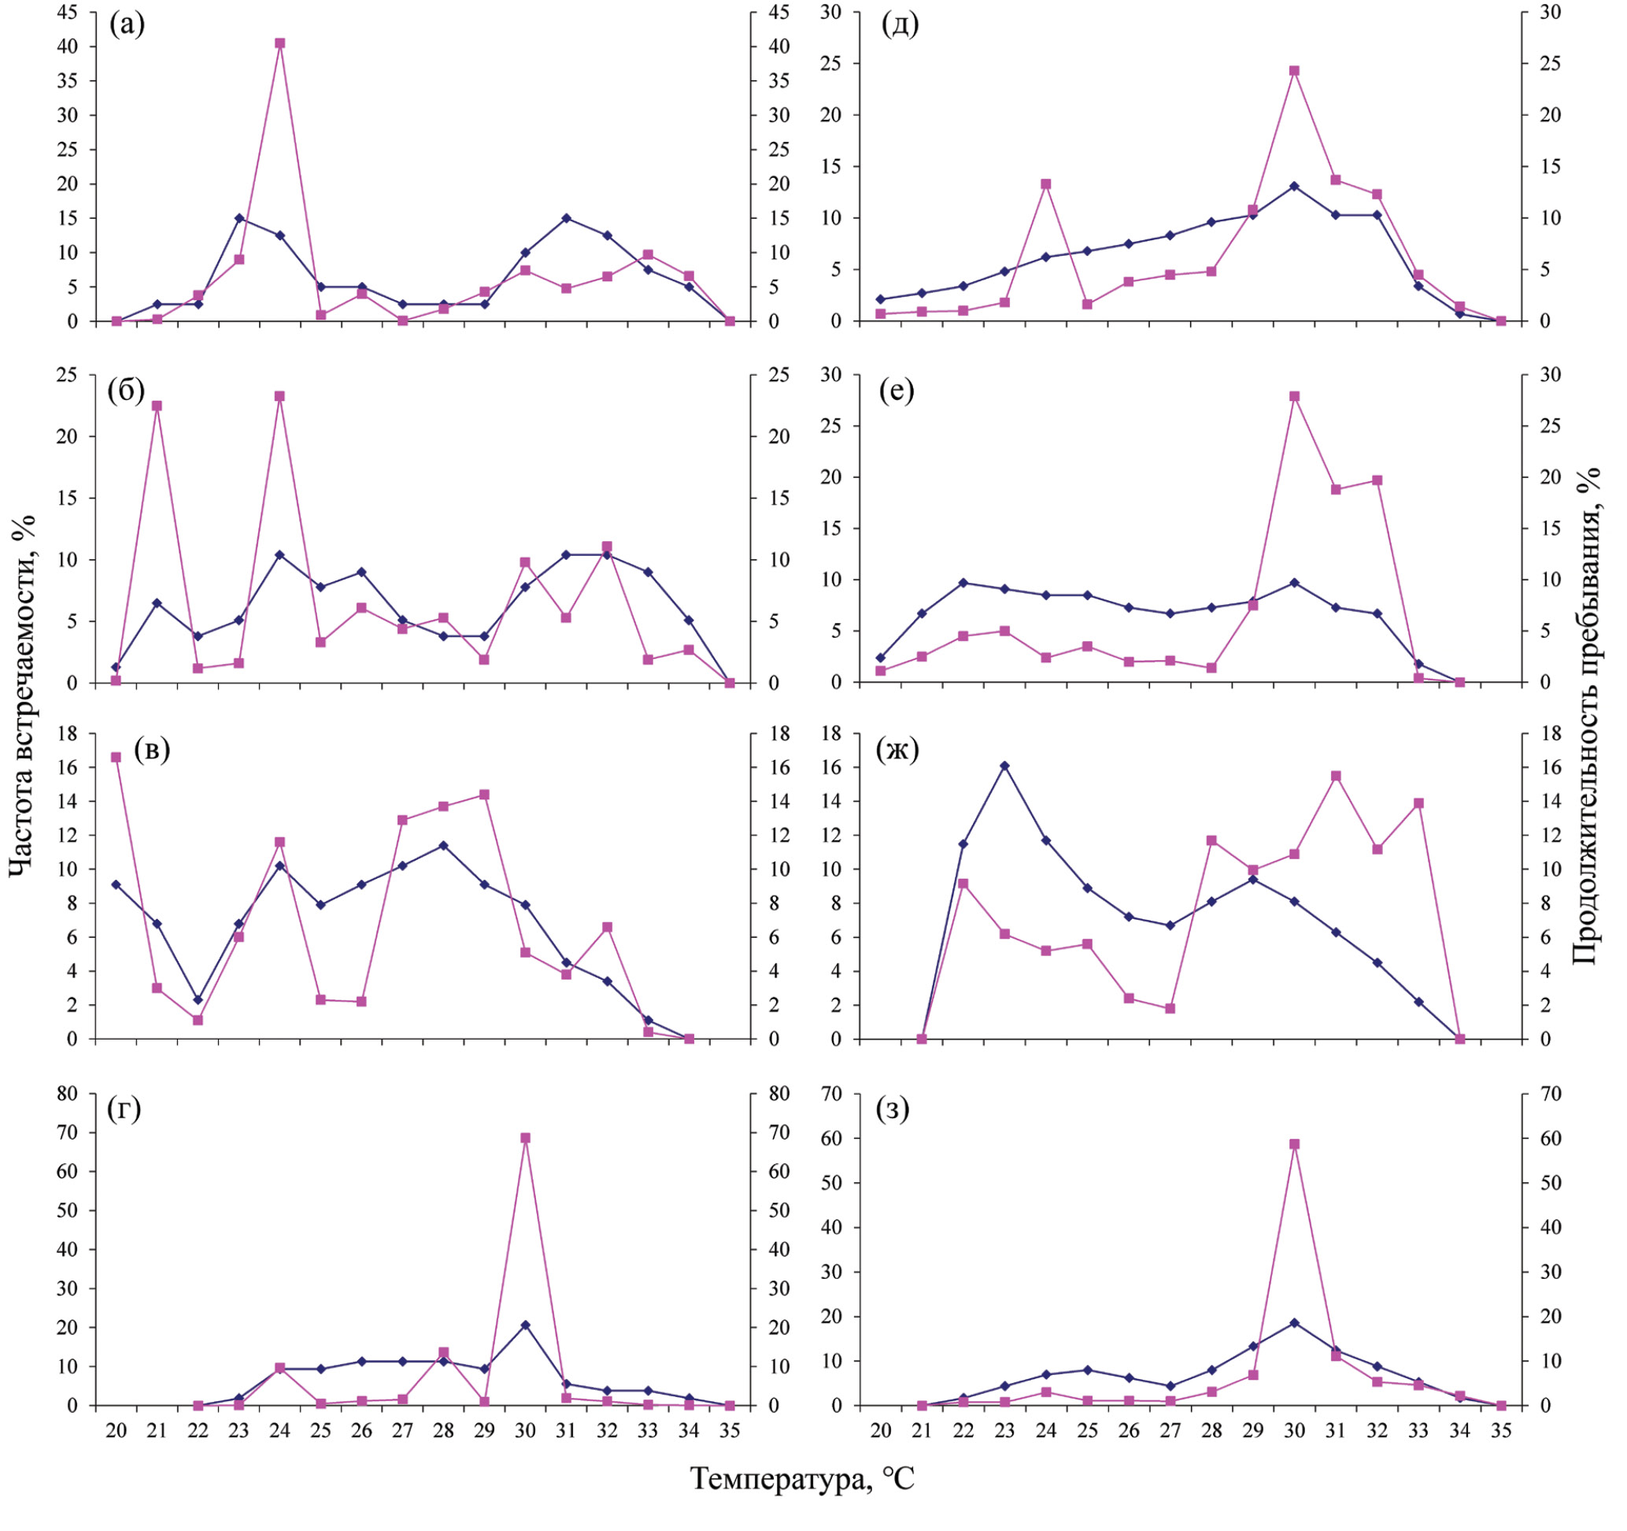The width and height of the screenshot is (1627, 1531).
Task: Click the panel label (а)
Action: point(127,25)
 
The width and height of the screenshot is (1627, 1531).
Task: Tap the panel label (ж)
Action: point(897,749)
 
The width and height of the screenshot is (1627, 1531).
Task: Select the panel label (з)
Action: point(893,1110)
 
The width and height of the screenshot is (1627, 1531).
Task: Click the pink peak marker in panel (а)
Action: point(280,43)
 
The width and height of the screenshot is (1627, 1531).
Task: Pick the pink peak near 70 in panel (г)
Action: point(526,1138)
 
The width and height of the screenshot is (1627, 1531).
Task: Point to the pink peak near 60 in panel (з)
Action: point(1295,1144)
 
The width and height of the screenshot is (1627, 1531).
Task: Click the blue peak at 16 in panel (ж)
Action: point(1005,765)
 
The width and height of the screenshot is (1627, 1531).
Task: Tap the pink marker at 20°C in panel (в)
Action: point(116,758)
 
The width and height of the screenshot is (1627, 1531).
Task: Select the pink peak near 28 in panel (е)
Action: point(1295,396)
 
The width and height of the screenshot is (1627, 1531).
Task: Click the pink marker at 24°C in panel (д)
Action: point(1046,184)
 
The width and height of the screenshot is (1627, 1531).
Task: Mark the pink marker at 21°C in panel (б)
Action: point(157,406)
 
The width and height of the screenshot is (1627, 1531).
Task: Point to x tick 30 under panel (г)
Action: point(526,1430)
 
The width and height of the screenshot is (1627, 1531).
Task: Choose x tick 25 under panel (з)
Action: point(1087,1430)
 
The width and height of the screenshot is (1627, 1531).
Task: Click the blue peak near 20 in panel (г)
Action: point(526,1325)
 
